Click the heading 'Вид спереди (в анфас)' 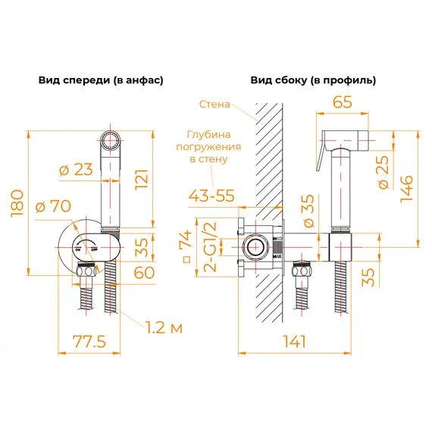point(101,80)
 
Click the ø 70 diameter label point(51,205)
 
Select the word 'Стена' point(215,105)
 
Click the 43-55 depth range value point(212,196)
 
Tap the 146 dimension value point(408,186)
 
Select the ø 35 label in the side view point(308,210)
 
